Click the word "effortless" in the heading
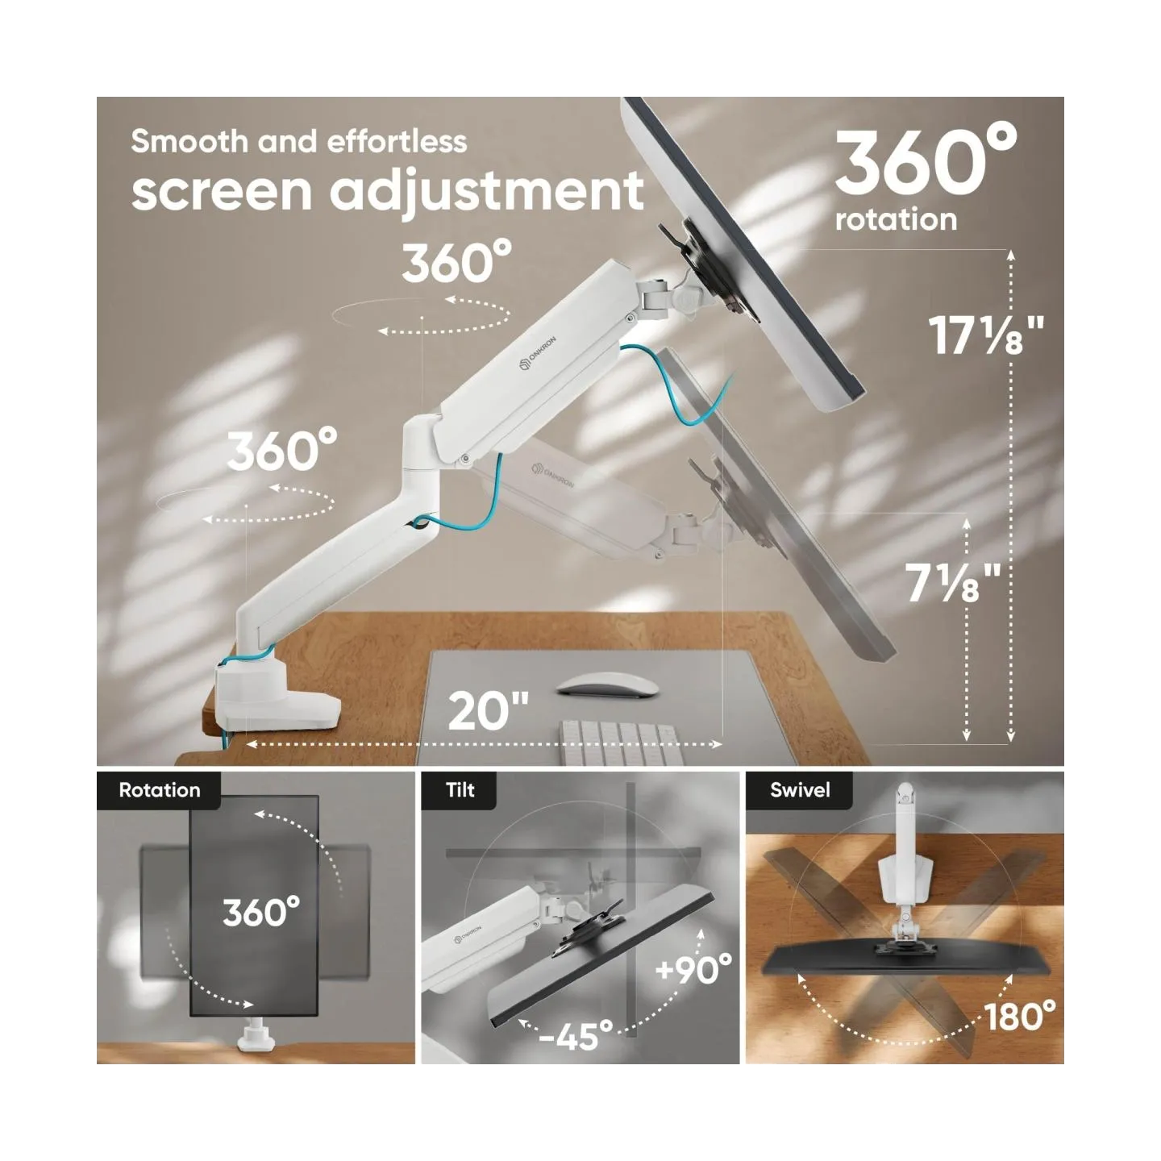(397, 142)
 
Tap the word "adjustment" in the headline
(488, 193)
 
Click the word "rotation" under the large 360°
(896, 219)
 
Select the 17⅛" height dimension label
(986, 335)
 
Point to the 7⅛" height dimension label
(953, 582)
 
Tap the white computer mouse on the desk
(607, 686)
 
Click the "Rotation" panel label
(160, 790)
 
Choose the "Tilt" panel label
(460, 790)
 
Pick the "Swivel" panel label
(800, 790)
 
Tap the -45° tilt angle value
(576, 1035)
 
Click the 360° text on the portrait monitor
(261, 912)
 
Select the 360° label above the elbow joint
(456, 261)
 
